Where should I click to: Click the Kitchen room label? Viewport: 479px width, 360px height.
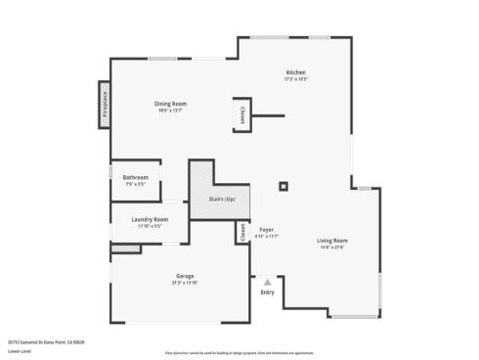click(x=296, y=72)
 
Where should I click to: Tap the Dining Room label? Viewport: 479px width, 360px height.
click(x=170, y=104)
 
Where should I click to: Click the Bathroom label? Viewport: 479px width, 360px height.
click(x=135, y=177)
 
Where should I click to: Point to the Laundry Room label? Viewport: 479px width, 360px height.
click(x=150, y=219)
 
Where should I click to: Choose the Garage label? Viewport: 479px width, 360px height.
click(x=185, y=276)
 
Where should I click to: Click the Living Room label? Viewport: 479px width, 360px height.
click(x=332, y=241)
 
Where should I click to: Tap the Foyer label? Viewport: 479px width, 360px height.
click(x=266, y=230)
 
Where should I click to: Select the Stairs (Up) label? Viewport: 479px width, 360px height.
click(x=222, y=200)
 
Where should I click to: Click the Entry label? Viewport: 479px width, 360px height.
click(x=267, y=292)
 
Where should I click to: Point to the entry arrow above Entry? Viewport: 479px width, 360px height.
click(x=267, y=281)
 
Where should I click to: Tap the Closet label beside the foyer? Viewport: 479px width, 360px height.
click(x=242, y=233)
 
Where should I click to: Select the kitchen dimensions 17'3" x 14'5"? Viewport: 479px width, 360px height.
click(x=296, y=79)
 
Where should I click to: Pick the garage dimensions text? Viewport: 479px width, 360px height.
click(x=185, y=283)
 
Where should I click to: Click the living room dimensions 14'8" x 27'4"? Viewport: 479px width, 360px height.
click(x=332, y=247)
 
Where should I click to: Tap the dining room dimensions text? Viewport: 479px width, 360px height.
click(x=170, y=111)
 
